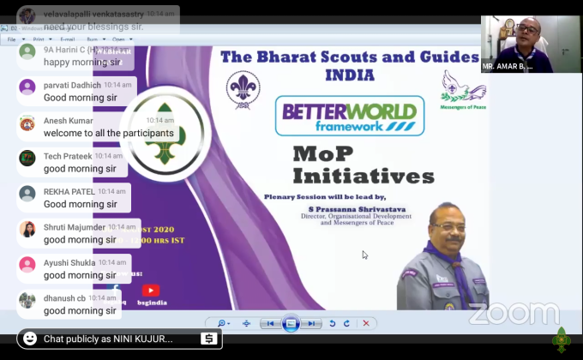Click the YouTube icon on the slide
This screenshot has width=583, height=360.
pyautogui.click(x=151, y=291)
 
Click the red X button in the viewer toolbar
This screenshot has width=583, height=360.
pyautogui.click(x=366, y=323)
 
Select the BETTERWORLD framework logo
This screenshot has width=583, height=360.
pyautogui.click(x=349, y=117)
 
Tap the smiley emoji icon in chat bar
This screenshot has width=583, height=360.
pyautogui.click(x=31, y=339)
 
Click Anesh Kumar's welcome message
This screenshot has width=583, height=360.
pyautogui.click(x=108, y=133)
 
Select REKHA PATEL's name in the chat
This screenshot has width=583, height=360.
pyautogui.click(x=69, y=191)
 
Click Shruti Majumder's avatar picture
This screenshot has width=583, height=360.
pyautogui.click(x=27, y=229)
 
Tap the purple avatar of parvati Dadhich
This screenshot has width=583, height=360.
pyautogui.click(x=27, y=87)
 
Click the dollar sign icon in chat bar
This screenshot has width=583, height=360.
pyautogui.click(x=208, y=339)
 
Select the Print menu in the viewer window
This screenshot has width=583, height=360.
pyautogui.click(x=39, y=39)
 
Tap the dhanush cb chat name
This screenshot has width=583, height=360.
pyautogui.click(x=64, y=297)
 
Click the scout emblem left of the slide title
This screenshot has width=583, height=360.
pyautogui.click(x=243, y=89)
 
